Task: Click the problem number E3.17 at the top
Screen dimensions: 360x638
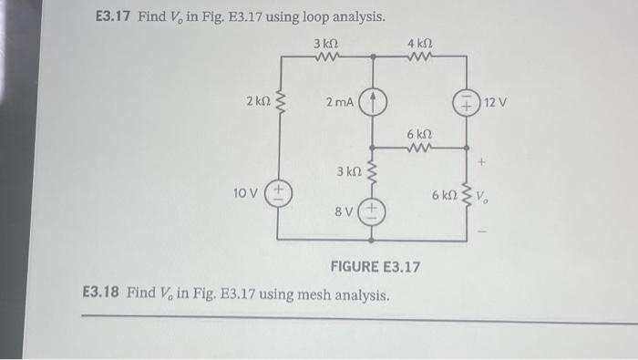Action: (115, 17)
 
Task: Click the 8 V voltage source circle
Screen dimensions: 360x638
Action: (372, 211)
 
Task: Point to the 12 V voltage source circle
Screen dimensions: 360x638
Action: (467, 102)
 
